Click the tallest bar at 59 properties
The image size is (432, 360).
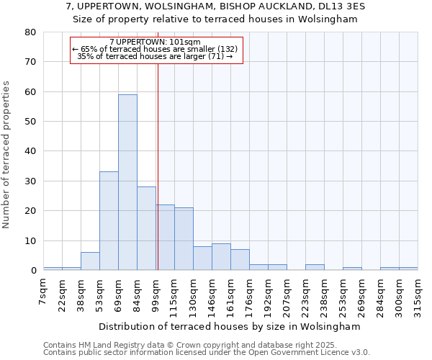click(x=127, y=182)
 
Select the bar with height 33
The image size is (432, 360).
click(x=109, y=220)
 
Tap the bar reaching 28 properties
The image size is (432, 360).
click(x=146, y=228)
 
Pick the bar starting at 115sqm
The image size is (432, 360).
click(x=184, y=239)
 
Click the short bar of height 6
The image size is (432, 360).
click(x=90, y=261)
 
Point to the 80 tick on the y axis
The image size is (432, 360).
click(x=31, y=32)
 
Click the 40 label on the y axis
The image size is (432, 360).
click(x=31, y=151)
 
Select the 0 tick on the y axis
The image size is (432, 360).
click(x=33, y=271)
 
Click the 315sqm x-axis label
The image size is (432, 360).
click(x=418, y=293)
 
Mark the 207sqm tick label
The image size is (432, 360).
click(x=287, y=293)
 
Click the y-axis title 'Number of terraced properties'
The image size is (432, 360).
click(x=7, y=154)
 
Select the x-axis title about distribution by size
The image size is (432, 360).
click(x=230, y=326)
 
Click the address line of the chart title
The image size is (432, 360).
click(x=216, y=6)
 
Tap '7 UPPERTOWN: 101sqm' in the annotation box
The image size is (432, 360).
click(x=155, y=42)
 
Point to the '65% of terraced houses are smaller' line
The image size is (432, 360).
click(x=155, y=49)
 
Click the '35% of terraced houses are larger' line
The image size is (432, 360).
click(x=155, y=56)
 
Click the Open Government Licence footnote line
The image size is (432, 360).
click(x=206, y=353)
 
